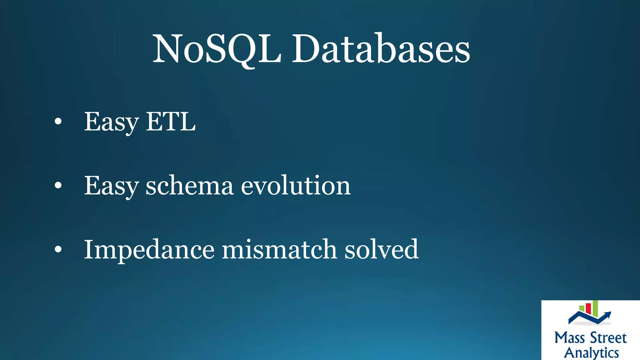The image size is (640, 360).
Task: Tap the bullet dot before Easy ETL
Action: tap(58, 122)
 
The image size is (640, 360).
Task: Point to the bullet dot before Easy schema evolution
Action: tap(58, 186)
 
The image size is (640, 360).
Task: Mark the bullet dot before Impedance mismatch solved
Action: tap(58, 249)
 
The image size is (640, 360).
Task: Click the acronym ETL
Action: tap(171, 122)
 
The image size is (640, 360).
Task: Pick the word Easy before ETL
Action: tap(111, 122)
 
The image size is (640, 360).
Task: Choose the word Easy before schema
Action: tap(111, 186)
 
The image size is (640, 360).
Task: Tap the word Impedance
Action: tap(149, 250)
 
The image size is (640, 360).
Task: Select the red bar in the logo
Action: tap(588, 308)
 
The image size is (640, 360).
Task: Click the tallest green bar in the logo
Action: tap(595, 307)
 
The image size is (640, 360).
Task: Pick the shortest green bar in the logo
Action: tap(582, 309)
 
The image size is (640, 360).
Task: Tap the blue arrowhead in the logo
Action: tap(607, 314)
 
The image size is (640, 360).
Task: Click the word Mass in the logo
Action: tap(569, 338)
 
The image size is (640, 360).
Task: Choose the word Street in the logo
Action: tap(608, 338)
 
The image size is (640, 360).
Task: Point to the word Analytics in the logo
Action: tap(591, 352)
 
